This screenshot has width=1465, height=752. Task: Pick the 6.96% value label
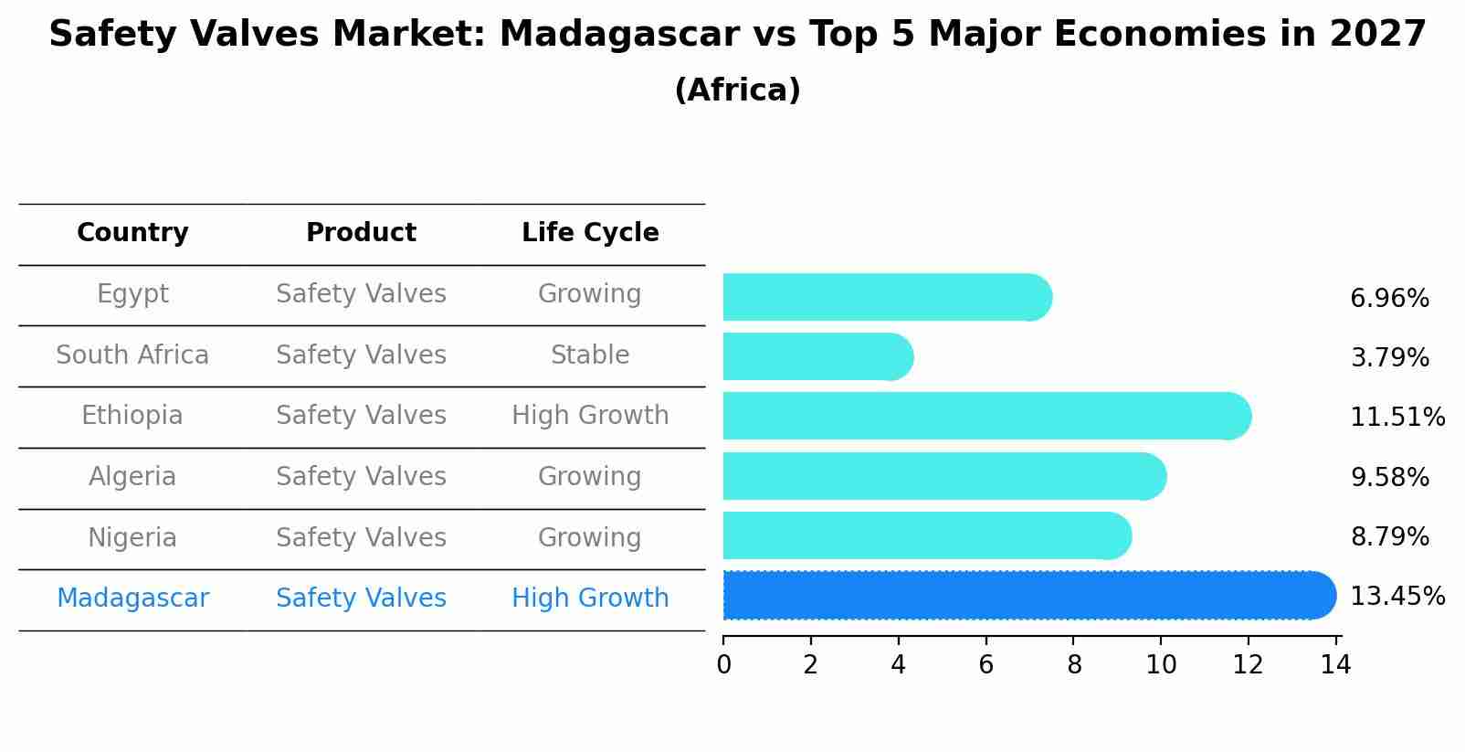(1389, 299)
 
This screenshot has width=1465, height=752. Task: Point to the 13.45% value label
(1396, 597)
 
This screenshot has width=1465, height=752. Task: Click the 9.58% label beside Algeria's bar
(1389, 477)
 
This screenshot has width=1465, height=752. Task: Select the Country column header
(132, 233)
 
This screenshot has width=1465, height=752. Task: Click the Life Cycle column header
(590, 233)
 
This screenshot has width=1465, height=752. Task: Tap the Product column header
(361, 233)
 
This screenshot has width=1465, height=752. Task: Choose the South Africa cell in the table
(132, 355)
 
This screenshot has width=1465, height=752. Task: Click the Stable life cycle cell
(590, 355)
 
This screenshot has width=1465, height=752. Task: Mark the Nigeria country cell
(132, 537)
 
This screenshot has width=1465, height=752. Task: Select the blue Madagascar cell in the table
(132, 598)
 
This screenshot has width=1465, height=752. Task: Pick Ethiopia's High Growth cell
(590, 416)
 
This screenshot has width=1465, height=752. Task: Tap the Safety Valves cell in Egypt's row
(361, 294)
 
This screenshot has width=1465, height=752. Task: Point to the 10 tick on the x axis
(1161, 665)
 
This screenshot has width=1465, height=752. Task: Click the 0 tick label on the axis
(723, 665)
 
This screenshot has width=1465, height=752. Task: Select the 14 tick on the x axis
(1335, 665)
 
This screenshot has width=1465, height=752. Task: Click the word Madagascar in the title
(618, 35)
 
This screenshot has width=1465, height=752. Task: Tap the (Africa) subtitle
(737, 90)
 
